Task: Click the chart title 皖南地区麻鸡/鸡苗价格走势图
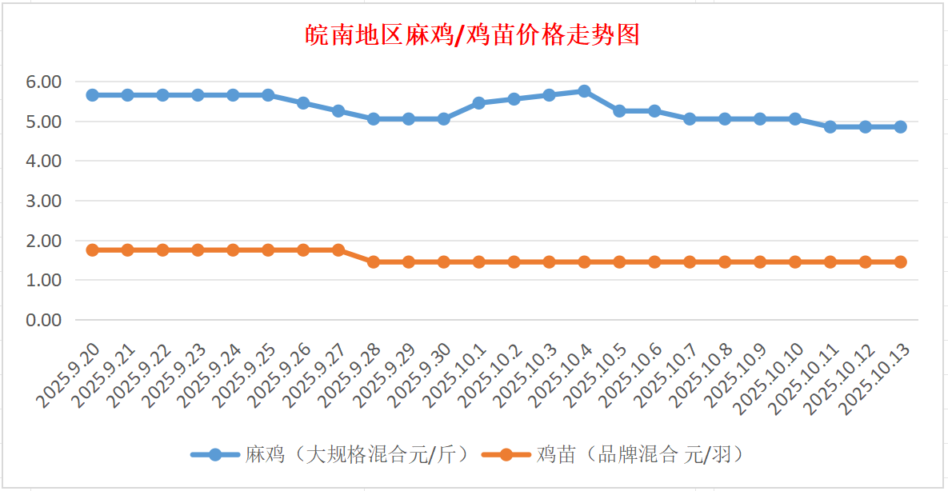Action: pyautogui.click(x=473, y=35)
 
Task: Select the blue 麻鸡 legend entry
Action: pyautogui.click(x=330, y=455)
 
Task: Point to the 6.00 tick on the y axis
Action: pyautogui.click(x=45, y=82)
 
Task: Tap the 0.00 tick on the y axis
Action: pyautogui.click(x=45, y=320)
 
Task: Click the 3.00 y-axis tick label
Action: pyautogui.click(x=45, y=201)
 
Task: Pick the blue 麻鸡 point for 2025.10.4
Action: pyautogui.click(x=584, y=91)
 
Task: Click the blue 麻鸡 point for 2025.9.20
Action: pyautogui.click(x=92, y=95)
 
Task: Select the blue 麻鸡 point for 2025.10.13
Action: pyautogui.click(x=900, y=126)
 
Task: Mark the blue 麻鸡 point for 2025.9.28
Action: pyautogui.click(x=373, y=118)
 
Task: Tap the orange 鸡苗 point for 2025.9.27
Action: pyautogui.click(x=338, y=250)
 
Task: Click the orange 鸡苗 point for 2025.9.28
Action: pyautogui.click(x=373, y=261)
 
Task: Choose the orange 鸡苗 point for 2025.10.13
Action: pyautogui.click(x=900, y=261)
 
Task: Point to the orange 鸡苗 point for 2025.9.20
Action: pyautogui.click(x=92, y=250)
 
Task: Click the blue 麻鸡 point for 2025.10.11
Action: pyautogui.click(x=830, y=126)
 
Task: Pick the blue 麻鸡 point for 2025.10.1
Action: pyautogui.click(x=478, y=103)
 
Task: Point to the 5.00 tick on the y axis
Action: pyautogui.click(x=45, y=122)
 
